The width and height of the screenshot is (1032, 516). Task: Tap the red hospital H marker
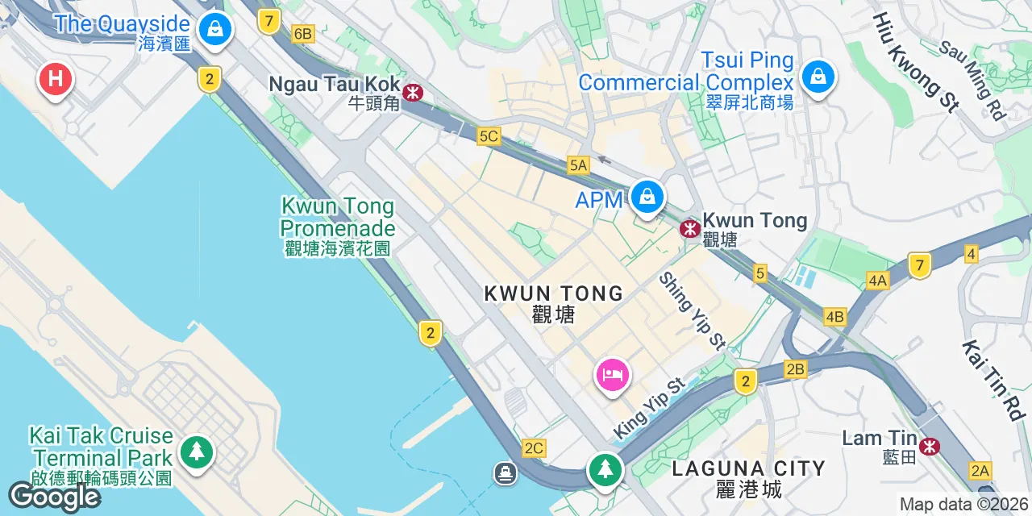[x=56, y=79]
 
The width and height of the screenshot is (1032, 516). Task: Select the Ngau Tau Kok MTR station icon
[x=413, y=93]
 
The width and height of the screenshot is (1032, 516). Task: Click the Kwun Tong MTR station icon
[x=689, y=228]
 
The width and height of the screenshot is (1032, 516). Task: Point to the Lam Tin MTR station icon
[x=930, y=445]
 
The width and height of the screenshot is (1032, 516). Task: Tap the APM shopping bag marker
[x=647, y=196]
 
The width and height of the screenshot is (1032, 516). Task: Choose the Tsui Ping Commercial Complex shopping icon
[x=818, y=77]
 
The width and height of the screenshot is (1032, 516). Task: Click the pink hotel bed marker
[x=613, y=375]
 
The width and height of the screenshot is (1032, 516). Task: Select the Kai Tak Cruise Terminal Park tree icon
[x=197, y=451]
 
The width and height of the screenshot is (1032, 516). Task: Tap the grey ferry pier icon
[x=506, y=472]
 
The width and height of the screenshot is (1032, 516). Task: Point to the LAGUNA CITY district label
[x=748, y=468]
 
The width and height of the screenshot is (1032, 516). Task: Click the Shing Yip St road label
[x=692, y=310]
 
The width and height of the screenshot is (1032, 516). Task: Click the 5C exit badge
[x=489, y=136]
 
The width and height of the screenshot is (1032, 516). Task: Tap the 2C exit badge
[x=534, y=447]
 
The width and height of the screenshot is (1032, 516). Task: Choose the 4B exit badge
[x=835, y=317]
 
